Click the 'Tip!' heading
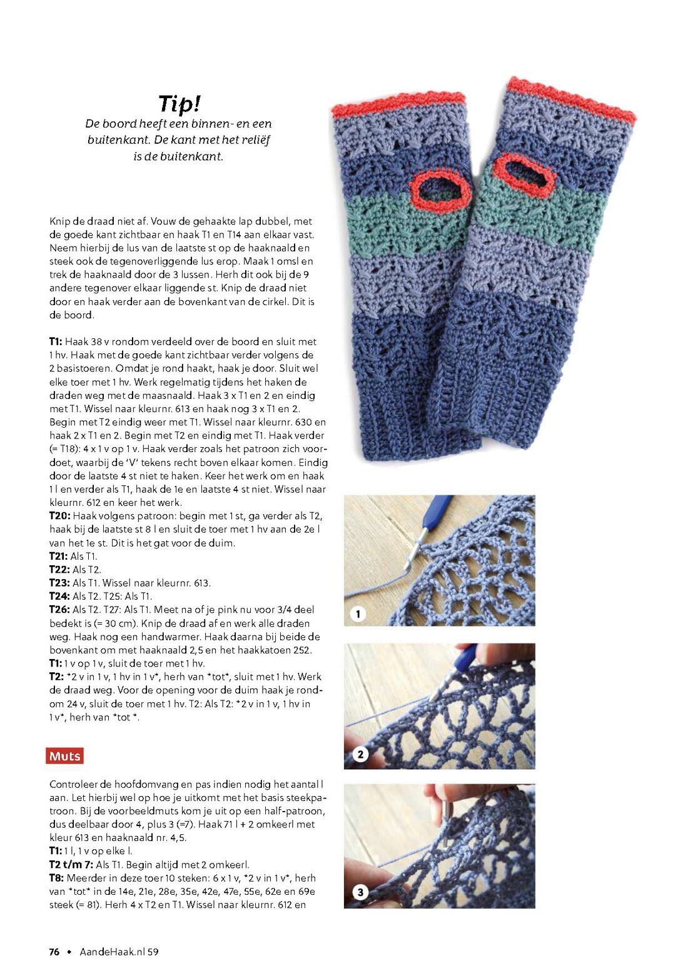tap(179, 103)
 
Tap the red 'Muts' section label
tap(64, 756)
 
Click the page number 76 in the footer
tap(54, 952)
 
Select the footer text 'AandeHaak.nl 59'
tap(119, 952)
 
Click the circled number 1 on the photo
tap(358, 614)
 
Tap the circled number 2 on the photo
tap(360, 754)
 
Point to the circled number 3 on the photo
tap(360, 892)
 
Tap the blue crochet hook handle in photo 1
tap(433, 513)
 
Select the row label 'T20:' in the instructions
tap(60, 516)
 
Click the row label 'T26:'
tap(60, 610)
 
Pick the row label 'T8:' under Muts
tap(57, 878)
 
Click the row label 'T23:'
tap(60, 583)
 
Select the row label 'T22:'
tap(60, 570)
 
